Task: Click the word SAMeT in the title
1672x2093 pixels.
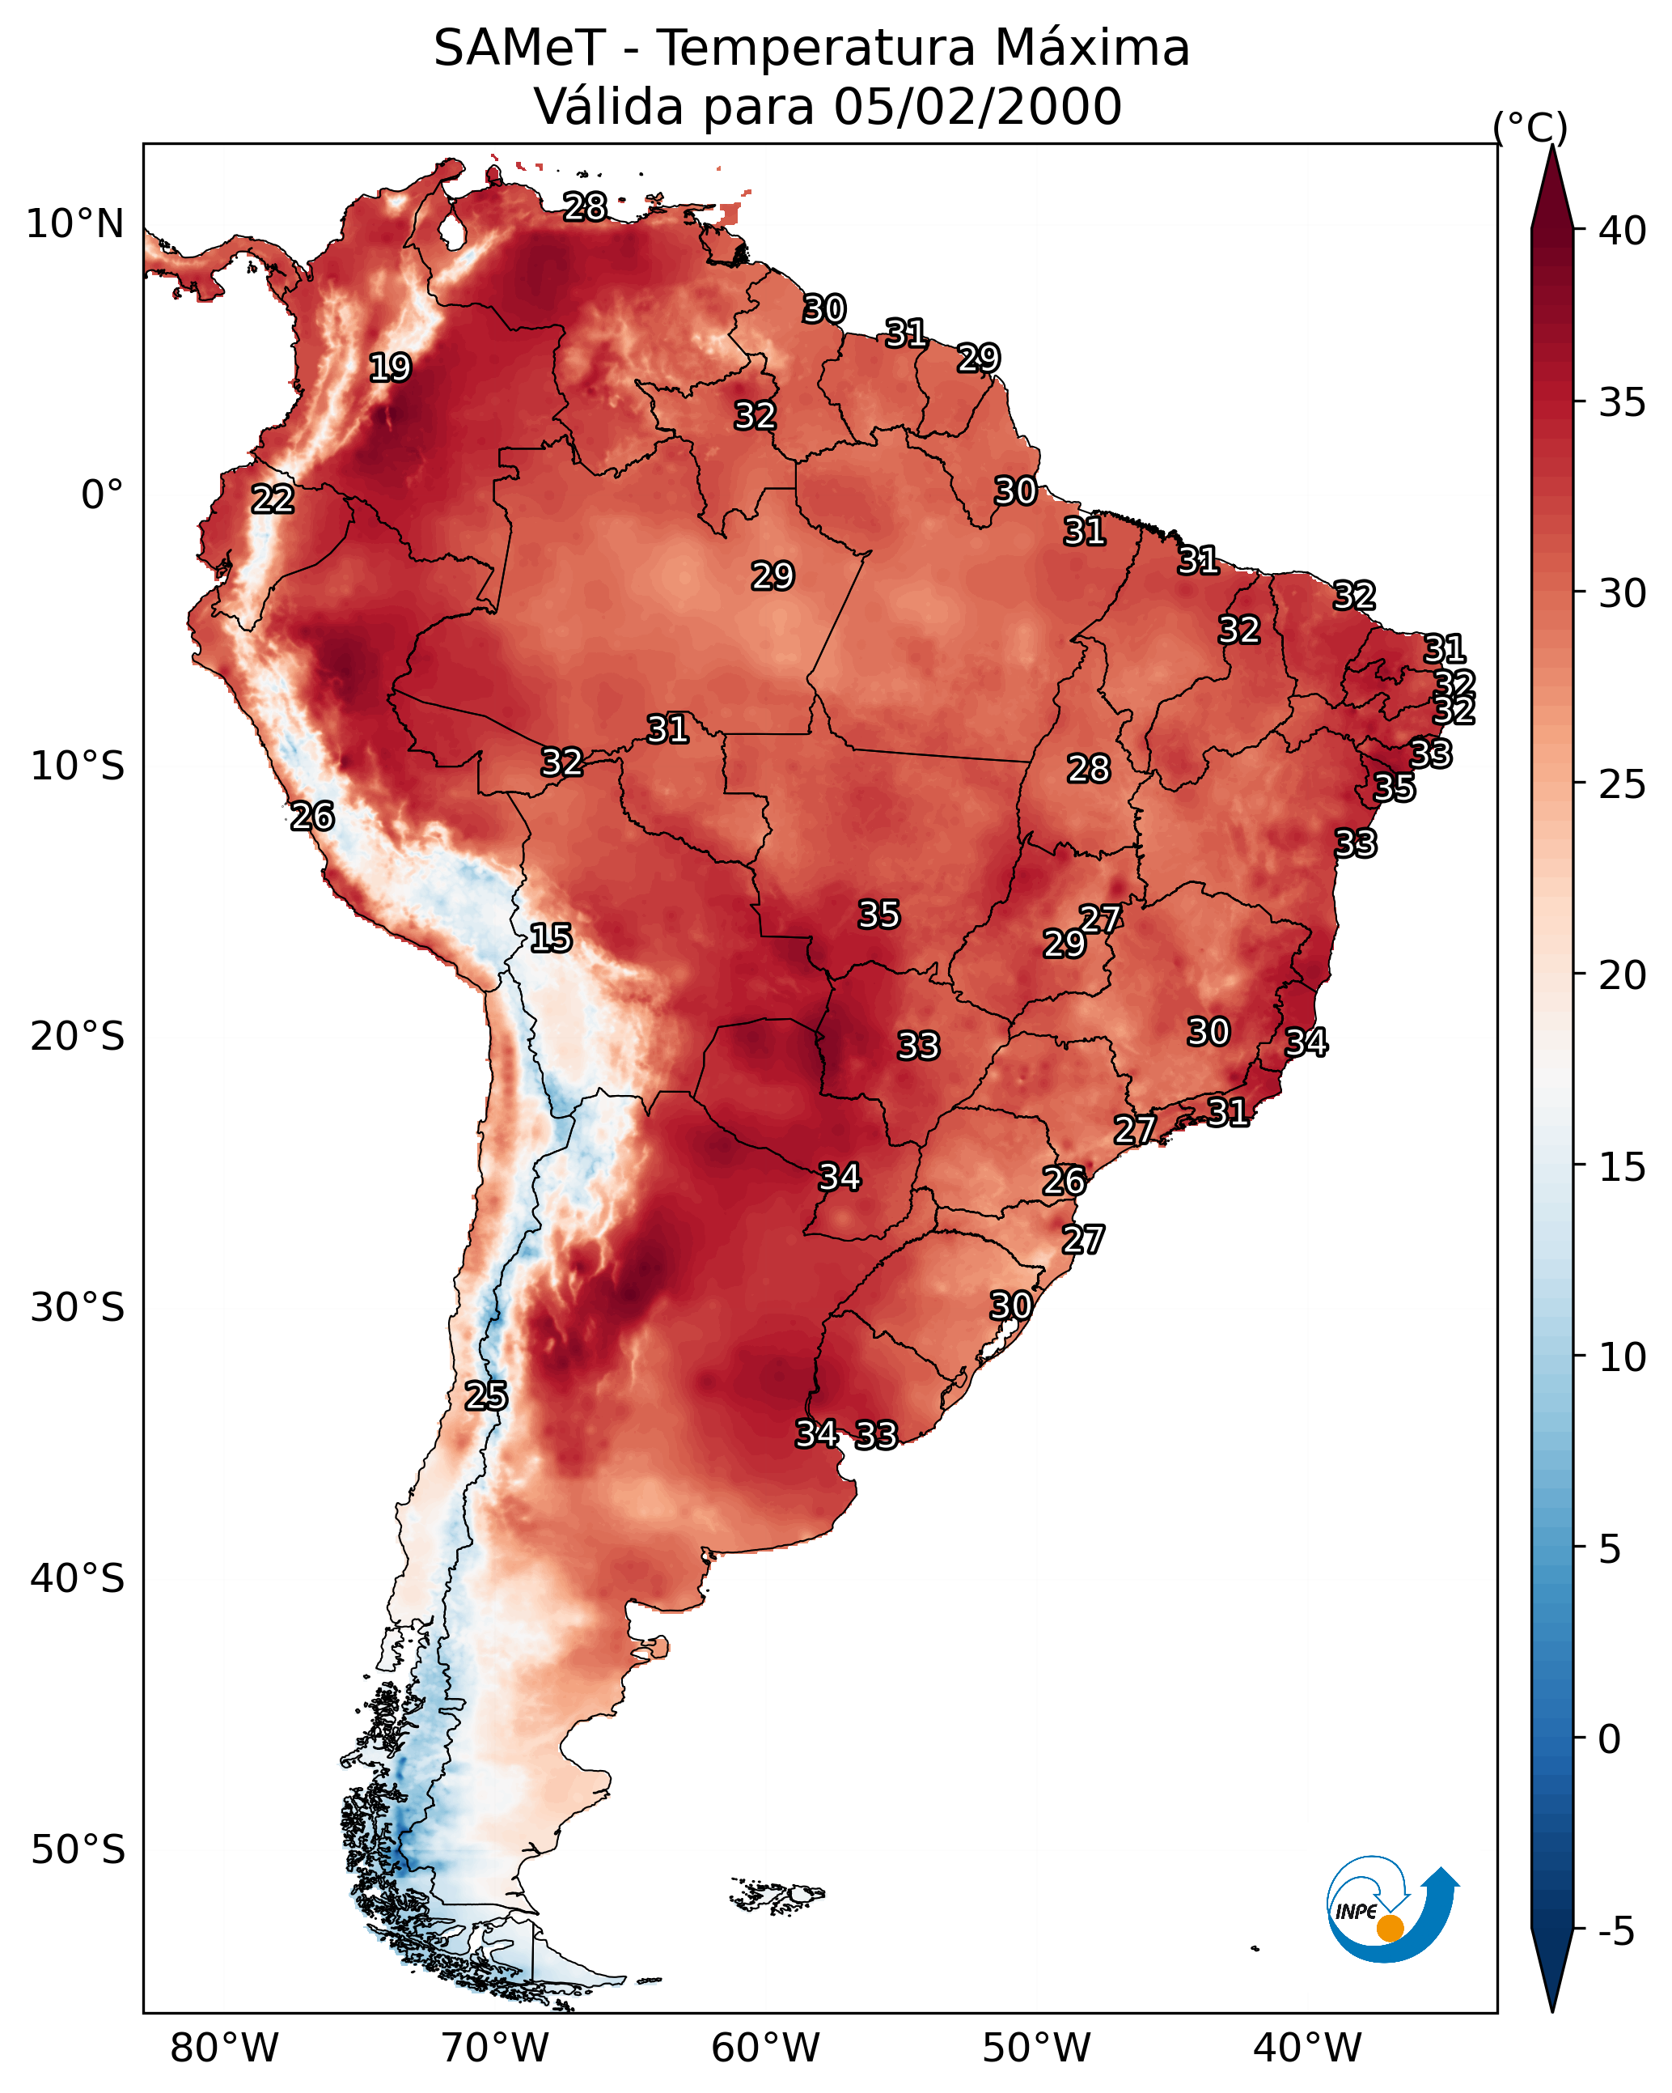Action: [519, 49]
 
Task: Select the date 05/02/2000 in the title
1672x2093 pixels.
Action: [977, 107]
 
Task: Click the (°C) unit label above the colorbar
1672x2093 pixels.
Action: [1530, 127]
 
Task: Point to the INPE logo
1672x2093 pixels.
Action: [1391, 1911]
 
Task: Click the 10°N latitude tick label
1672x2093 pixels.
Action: [74, 224]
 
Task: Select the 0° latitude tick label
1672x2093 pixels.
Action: [102, 495]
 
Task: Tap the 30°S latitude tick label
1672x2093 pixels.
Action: [77, 1308]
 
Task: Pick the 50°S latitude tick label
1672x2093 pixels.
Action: [77, 1850]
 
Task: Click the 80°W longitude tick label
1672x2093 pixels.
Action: [224, 2048]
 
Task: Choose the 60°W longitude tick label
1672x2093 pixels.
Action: [766, 2048]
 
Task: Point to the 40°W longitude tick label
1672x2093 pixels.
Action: [1307, 2048]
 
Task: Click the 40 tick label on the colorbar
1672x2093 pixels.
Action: [1623, 231]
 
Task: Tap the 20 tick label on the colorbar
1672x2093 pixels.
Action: [1623, 974]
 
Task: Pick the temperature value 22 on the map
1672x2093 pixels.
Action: [273, 499]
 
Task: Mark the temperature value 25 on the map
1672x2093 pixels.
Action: [485, 1395]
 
